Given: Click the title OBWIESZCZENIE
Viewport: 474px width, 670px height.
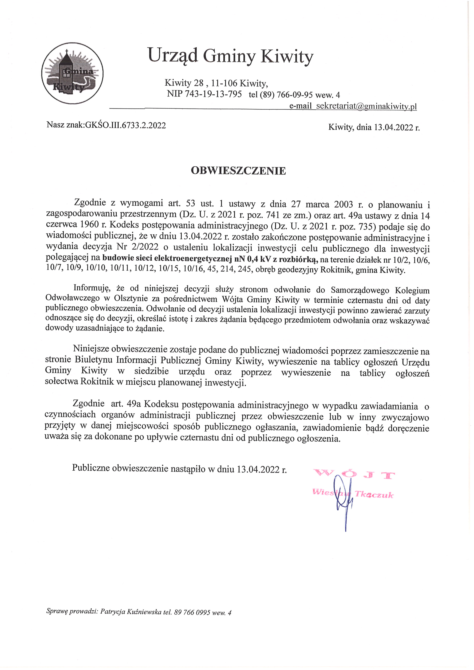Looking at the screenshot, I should click(x=238, y=171).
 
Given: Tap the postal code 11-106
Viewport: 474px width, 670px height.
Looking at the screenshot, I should click(x=225, y=84).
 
